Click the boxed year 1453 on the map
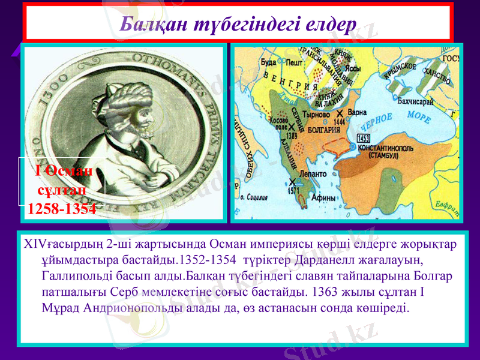(363, 138)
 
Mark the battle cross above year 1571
(292, 182)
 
